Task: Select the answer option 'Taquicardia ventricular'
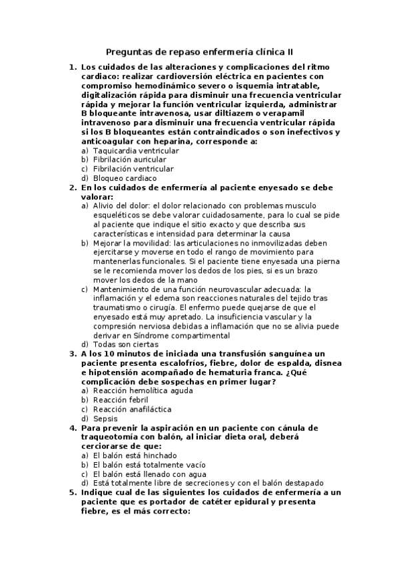point(126,151)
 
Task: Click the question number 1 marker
point(72,68)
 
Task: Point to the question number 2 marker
point(72,188)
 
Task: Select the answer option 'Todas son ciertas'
point(116,345)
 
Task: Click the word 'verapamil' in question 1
point(307,114)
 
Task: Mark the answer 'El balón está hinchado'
point(127,455)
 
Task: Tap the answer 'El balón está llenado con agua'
point(140,474)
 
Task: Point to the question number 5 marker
point(72,492)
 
